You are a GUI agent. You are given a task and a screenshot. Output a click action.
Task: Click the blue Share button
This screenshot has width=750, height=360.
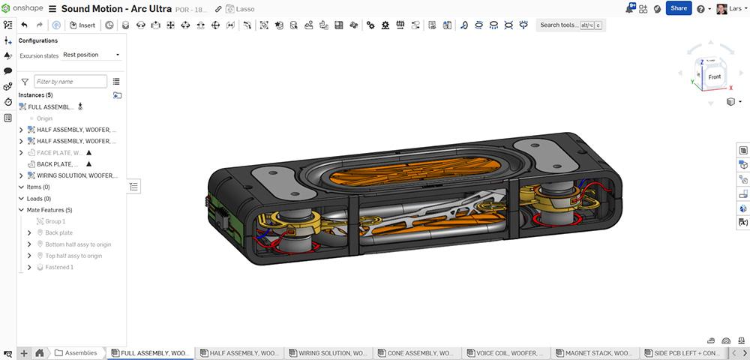(x=678, y=8)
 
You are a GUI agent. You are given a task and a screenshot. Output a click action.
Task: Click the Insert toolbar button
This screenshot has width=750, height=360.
(x=82, y=25)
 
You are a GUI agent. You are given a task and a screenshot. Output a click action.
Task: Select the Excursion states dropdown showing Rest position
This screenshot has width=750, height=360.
(x=91, y=55)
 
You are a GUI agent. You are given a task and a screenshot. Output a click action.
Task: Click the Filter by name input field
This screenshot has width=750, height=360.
(x=70, y=81)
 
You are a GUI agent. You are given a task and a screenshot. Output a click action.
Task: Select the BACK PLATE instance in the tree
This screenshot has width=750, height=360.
(x=57, y=163)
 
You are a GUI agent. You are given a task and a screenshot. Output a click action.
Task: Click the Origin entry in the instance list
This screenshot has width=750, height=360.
(x=44, y=118)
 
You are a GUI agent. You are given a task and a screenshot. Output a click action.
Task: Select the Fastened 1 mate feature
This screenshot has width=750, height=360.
(x=60, y=267)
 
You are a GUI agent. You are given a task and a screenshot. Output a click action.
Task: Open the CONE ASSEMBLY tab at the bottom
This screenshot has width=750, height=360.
(x=419, y=352)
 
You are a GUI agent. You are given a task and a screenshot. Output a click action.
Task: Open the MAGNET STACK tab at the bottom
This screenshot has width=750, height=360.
(x=598, y=352)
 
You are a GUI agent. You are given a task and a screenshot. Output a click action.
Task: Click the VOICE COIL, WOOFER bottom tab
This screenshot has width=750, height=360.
(x=508, y=352)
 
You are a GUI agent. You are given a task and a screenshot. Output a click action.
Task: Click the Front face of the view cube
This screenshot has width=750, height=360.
(x=714, y=76)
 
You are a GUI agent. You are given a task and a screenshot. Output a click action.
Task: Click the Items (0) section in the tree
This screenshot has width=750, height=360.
(x=37, y=187)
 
